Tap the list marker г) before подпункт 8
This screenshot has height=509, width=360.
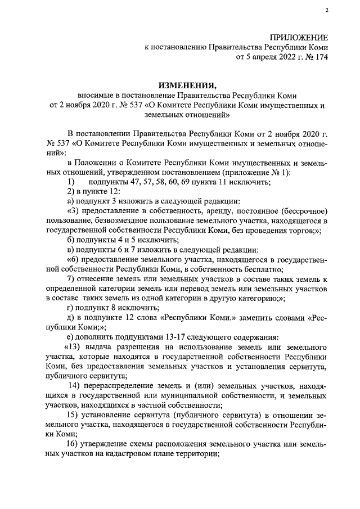(70, 308)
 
